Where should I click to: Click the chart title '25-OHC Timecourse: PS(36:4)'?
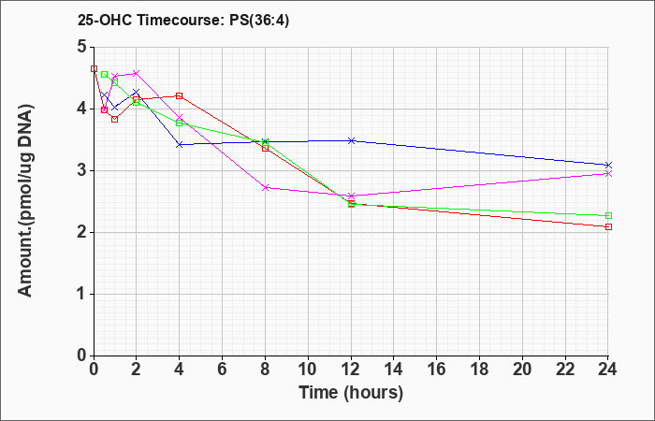183,21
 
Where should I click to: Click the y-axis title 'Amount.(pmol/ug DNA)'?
25,201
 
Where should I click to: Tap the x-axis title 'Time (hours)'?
351,393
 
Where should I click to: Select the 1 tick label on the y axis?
82,294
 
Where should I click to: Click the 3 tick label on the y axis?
82,170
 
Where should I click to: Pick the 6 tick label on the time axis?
223,370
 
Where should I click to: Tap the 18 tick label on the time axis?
479,370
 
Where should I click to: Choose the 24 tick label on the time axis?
607,370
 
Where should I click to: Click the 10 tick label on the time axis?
308,370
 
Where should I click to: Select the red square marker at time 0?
94,68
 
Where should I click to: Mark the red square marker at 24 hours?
608,226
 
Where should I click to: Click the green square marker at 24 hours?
608,215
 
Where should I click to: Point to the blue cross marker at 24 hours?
608,165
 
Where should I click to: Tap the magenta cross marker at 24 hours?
608,173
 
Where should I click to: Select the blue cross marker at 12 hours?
351,140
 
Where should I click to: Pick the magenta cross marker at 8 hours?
265,187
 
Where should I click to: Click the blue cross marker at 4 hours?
180,144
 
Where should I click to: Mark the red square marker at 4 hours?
180,95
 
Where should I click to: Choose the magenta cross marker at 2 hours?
136,73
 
